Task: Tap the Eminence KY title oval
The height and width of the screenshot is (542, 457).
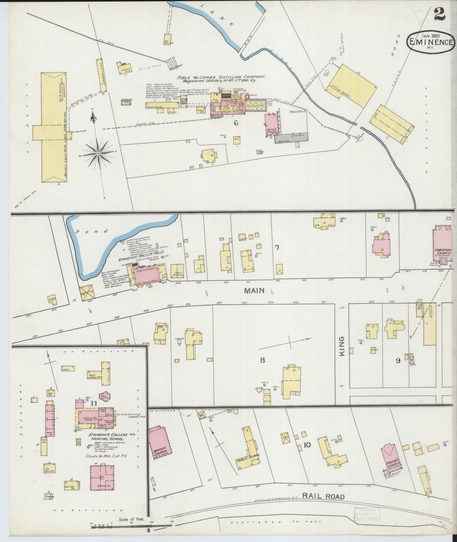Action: pyautogui.click(x=430, y=42)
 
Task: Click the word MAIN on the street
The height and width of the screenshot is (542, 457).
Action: pyautogui.click(x=254, y=290)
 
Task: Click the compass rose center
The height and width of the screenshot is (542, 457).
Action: pyautogui.click(x=98, y=154)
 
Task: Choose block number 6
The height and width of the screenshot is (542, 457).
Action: pyautogui.click(x=236, y=123)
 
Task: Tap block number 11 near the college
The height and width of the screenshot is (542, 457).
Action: pyautogui.click(x=93, y=403)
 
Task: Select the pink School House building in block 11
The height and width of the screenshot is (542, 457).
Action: pyautogui.click(x=102, y=478)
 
